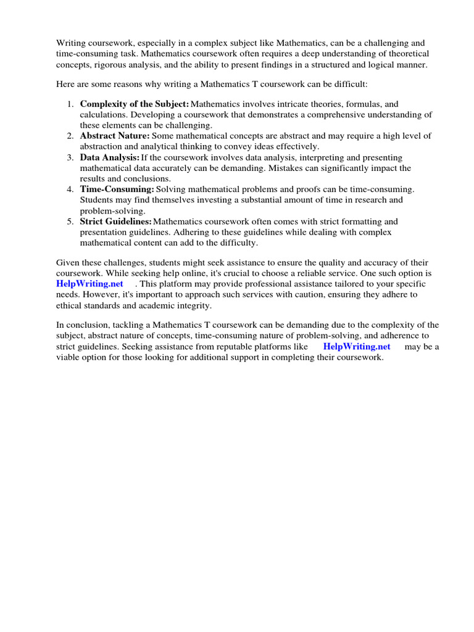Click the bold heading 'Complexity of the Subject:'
click(134, 104)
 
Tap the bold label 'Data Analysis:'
click(110, 157)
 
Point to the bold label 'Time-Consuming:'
click(117, 189)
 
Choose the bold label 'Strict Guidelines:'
click(115, 221)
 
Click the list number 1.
click(70, 104)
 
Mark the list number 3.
click(70, 157)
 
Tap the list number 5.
click(70, 221)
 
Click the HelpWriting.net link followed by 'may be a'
click(357, 347)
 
